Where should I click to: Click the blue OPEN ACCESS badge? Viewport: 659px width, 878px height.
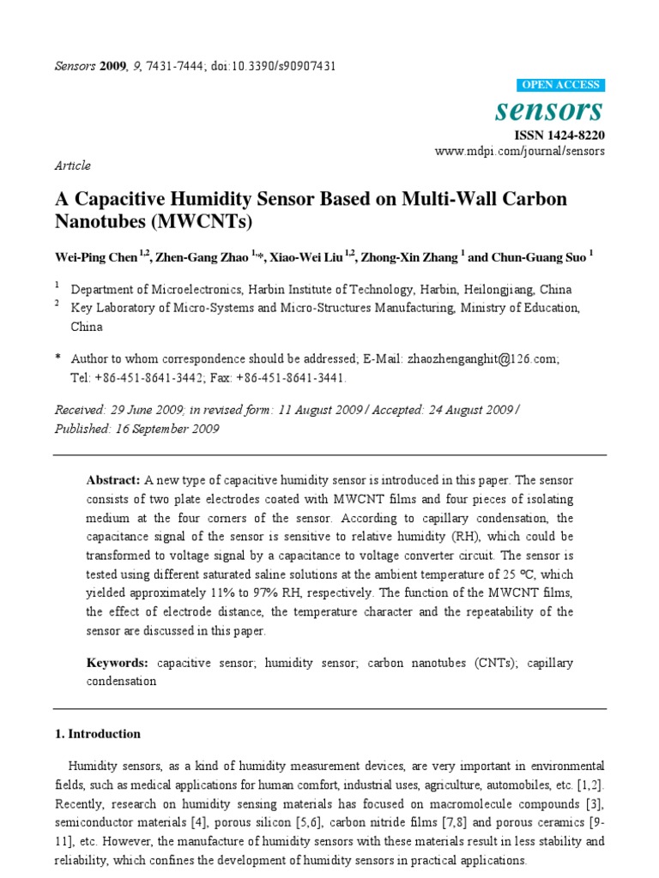(561, 85)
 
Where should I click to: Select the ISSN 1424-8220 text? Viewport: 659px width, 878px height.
(559, 135)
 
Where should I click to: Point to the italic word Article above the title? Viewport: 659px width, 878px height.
(73, 165)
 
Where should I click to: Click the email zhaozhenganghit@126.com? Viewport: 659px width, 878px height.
(486, 361)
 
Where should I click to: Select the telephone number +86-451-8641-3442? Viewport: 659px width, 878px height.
(154, 378)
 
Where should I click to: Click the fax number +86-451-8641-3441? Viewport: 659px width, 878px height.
(294, 378)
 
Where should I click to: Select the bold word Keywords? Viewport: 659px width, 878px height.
(118, 664)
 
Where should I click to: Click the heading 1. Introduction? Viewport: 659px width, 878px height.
(98, 734)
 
